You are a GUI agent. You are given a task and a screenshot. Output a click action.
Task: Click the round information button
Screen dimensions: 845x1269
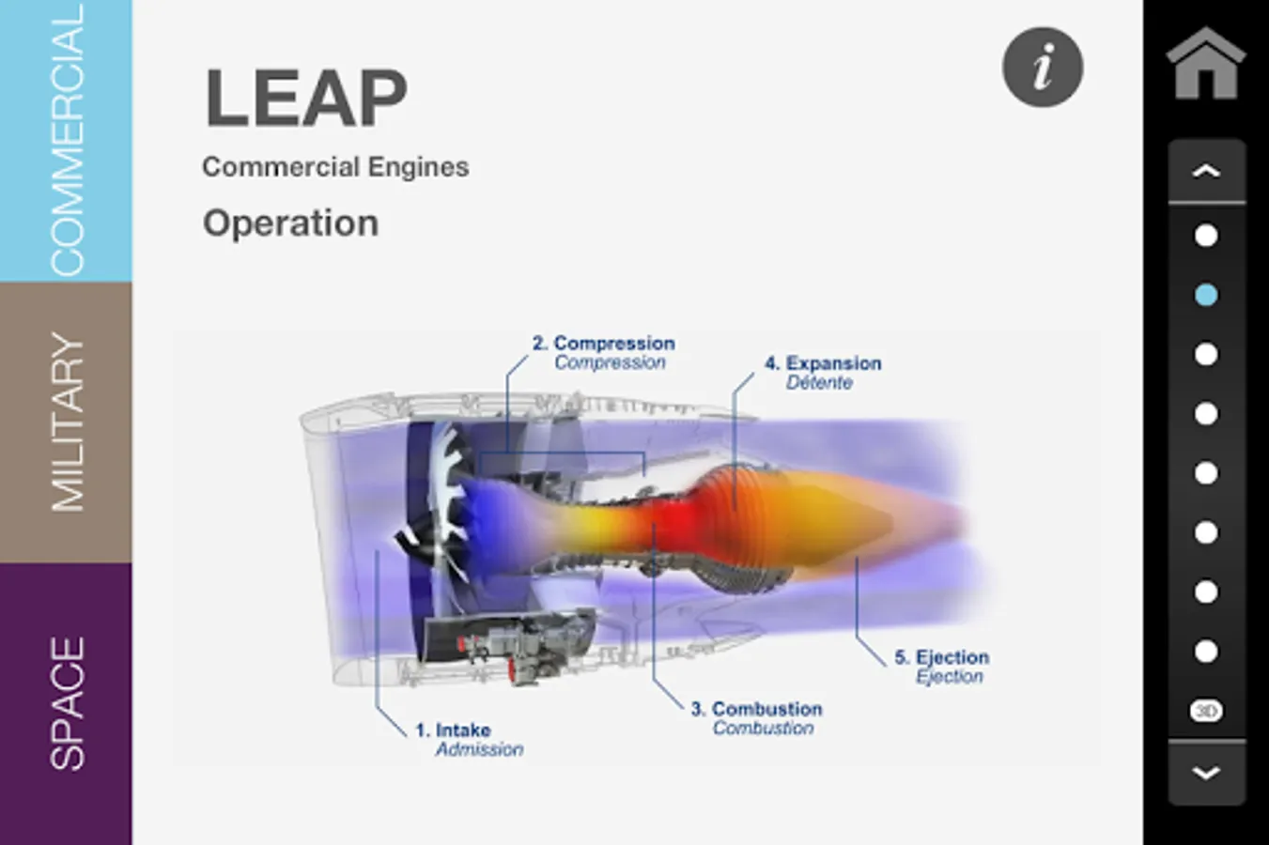coord(1043,68)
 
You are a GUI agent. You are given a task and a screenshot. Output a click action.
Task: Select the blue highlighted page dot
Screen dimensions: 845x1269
coord(1206,295)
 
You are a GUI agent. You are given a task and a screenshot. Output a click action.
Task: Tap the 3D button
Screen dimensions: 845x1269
coord(1206,711)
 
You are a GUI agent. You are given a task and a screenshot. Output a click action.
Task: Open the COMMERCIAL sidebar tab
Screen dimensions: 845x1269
coord(66,141)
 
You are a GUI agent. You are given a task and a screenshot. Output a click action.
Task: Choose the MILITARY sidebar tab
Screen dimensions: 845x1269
coord(66,422)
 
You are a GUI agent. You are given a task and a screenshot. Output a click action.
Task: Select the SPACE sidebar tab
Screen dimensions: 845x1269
coord(66,704)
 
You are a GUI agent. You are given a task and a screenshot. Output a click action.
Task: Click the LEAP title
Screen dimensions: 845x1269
coord(306,98)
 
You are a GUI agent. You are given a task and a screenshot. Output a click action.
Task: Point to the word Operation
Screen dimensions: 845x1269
coord(291,223)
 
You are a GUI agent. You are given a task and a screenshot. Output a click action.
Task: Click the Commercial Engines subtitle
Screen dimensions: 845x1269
coord(335,167)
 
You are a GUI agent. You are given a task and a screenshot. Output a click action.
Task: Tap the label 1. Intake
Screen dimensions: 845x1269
coord(453,730)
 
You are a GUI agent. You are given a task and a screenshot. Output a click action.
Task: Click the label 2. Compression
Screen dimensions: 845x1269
coord(604,343)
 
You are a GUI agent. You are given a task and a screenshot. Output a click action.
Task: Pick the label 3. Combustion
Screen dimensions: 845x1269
coord(756,709)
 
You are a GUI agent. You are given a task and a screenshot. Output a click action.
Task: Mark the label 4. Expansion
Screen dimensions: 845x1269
coord(823,363)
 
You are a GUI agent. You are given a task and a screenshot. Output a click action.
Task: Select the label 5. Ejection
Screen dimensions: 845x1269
coord(941,657)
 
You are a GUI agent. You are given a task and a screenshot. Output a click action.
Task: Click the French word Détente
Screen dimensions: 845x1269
coord(819,383)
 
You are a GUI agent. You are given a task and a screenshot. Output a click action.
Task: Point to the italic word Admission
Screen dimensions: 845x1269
coord(479,749)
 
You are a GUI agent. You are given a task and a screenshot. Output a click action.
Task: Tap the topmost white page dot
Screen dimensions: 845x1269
coord(1206,236)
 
